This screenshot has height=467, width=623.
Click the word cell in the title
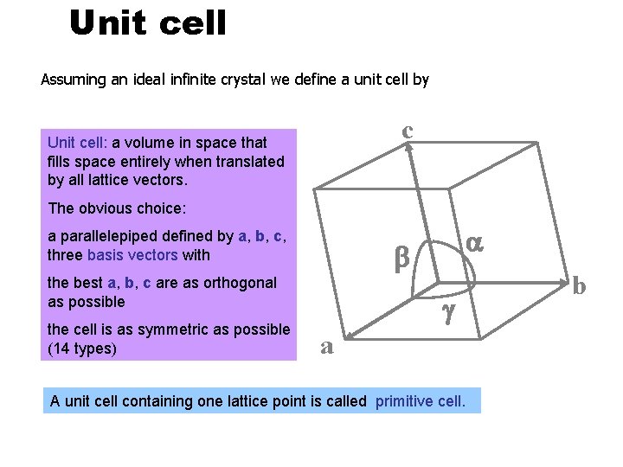(x=194, y=23)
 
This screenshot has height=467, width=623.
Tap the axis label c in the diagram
(x=407, y=130)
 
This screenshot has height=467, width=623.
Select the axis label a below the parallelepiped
(x=327, y=346)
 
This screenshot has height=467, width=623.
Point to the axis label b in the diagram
(x=579, y=285)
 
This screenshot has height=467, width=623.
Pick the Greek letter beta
(x=401, y=257)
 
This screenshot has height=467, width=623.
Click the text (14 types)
(x=83, y=349)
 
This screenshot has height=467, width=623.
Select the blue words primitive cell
(x=421, y=401)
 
